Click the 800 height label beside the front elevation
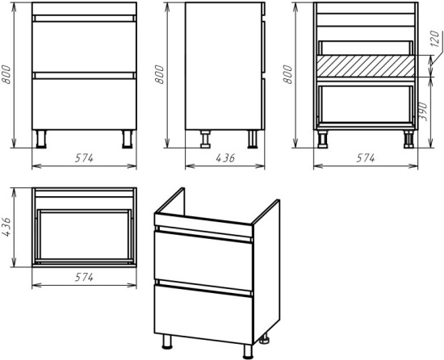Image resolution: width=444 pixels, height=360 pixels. click(x=6, y=74)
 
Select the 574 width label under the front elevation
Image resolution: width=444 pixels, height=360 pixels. click(x=84, y=158)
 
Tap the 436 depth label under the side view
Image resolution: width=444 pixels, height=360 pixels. click(x=225, y=158)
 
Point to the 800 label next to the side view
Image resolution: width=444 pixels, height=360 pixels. click(x=159, y=74)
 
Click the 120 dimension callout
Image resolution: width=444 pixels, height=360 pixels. click(x=435, y=38)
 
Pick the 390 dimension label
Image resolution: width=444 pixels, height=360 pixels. click(x=423, y=111)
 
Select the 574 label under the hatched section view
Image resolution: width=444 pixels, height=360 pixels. click(x=366, y=158)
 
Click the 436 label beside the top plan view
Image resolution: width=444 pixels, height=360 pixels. click(x=6, y=227)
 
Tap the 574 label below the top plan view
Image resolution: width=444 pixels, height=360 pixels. click(x=84, y=278)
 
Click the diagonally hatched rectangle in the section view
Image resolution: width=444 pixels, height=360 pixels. click(x=366, y=66)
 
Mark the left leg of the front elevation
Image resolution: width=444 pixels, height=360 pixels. click(x=41, y=139)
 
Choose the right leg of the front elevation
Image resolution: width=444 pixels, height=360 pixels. click(x=127, y=139)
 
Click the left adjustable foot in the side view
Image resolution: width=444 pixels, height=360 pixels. click(x=205, y=139)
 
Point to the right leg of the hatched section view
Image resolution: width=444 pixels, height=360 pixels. click(x=408, y=139)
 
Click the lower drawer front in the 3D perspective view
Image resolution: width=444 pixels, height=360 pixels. click(x=203, y=314)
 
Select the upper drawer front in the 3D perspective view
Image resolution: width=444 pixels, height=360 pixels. click(x=203, y=261)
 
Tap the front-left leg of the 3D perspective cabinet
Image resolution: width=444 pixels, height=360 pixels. click(x=167, y=341)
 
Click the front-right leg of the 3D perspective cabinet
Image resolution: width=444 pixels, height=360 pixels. click(x=248, y=351)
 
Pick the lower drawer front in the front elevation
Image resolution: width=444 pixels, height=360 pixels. click(x=84, y=104)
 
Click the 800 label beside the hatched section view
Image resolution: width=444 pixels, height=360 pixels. click(x=287, y=74)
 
